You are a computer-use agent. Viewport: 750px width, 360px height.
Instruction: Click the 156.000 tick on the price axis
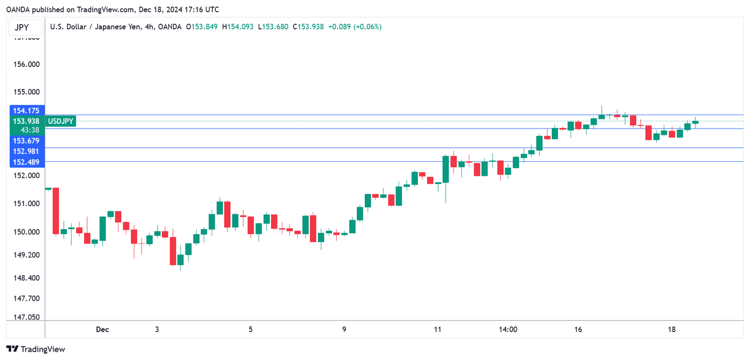point(26,64)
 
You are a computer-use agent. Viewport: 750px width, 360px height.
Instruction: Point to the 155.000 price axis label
point(26,92)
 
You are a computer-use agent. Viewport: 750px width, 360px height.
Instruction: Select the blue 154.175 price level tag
point(26,111)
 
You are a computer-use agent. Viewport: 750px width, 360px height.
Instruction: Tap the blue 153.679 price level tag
point(26,141)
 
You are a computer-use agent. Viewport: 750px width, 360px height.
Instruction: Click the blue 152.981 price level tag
point(26,151)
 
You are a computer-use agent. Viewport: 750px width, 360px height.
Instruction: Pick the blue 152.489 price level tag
point(26,162)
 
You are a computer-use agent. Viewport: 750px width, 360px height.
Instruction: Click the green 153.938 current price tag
point(26,121)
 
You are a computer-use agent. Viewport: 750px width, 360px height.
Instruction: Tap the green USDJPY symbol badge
point(61,122)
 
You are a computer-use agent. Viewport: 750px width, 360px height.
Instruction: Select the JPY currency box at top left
point(21,27)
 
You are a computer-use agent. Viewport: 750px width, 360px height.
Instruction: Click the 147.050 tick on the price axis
point(26,317)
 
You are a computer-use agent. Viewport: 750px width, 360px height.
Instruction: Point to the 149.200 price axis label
point(26,255)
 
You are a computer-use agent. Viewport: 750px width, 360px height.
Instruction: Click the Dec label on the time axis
point(102,329)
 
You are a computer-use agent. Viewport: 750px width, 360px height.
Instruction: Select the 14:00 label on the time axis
point(508,329)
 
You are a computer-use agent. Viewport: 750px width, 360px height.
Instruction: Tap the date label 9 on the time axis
point(344,329)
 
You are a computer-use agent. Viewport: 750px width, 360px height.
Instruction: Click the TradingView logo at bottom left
point(36,349)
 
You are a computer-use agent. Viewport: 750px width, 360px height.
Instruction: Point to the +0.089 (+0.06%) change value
point(355,27)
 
